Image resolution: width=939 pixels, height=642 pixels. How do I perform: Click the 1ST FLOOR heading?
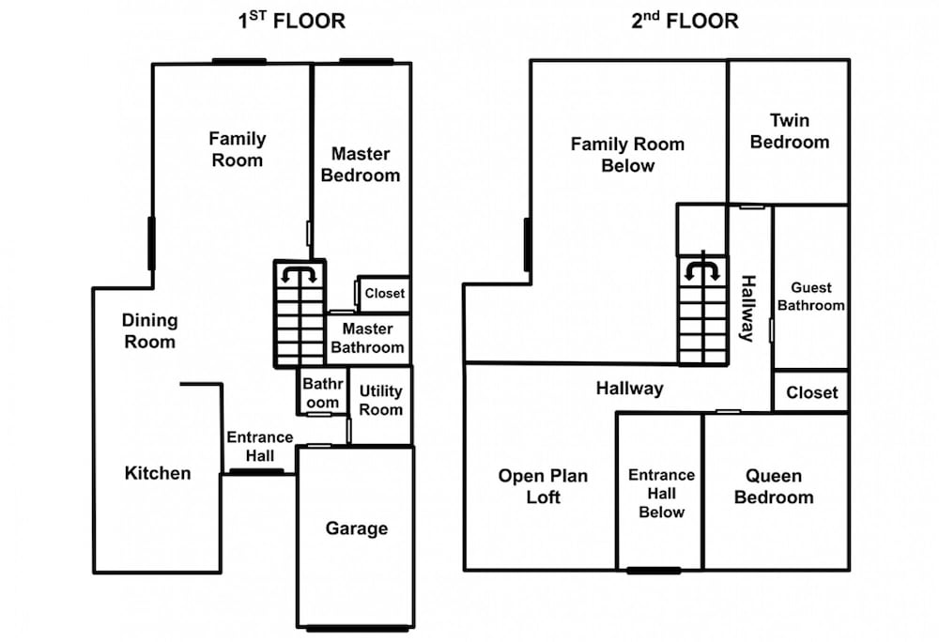point(292,21)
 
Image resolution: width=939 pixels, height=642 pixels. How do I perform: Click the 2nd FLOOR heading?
point(685,21)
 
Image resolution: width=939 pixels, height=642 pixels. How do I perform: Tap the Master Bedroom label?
point(361,164)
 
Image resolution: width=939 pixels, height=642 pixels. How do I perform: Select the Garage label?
point(356,528)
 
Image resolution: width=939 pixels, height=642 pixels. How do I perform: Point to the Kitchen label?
point(158,473)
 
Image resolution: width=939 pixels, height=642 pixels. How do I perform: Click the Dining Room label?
point(149,331)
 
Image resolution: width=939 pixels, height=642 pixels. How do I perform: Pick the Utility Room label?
point(381,400)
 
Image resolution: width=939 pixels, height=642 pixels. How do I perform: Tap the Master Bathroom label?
point(368,338)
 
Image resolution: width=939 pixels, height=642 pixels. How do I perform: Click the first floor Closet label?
point(384,293)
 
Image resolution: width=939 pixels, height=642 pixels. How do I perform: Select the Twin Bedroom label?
point(790,131)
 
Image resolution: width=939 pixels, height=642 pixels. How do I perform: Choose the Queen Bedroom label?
point(774,486)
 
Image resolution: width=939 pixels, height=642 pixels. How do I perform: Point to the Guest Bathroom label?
point(811,297)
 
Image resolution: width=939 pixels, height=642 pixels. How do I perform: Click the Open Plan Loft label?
point(543,486)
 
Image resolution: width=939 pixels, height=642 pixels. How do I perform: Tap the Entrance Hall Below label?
point(662,494)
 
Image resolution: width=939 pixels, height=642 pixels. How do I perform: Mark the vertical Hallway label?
point(748,308)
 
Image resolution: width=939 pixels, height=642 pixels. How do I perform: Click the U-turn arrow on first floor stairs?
point(299,274)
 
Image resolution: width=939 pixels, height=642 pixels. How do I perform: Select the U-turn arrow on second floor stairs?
point(702,270)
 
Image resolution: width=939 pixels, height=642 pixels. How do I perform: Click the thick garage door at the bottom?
point(358,629)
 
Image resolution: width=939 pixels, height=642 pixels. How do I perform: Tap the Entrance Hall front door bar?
point(257,472)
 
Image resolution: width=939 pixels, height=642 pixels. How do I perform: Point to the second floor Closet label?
point(812,392)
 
